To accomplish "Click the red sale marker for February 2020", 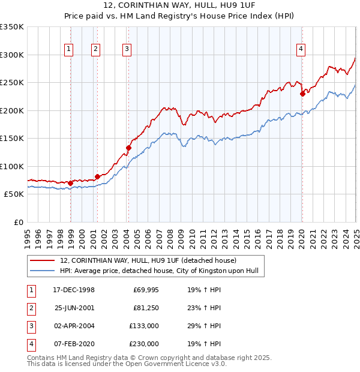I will coord(302,93).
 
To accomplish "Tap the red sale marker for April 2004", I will coord(128,147).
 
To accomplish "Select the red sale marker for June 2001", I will coord(97,176).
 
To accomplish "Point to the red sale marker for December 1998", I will coord(71,183).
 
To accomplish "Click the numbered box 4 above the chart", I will coord(301,50).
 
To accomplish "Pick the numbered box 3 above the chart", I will coord(127,50).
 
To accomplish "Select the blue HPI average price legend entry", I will coord(158,271).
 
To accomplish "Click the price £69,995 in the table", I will coord(145,290).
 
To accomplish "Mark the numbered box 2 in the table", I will coord(31,308).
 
